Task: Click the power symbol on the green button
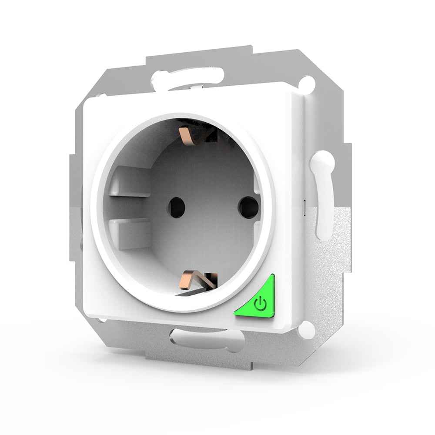(x=260, y=303)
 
